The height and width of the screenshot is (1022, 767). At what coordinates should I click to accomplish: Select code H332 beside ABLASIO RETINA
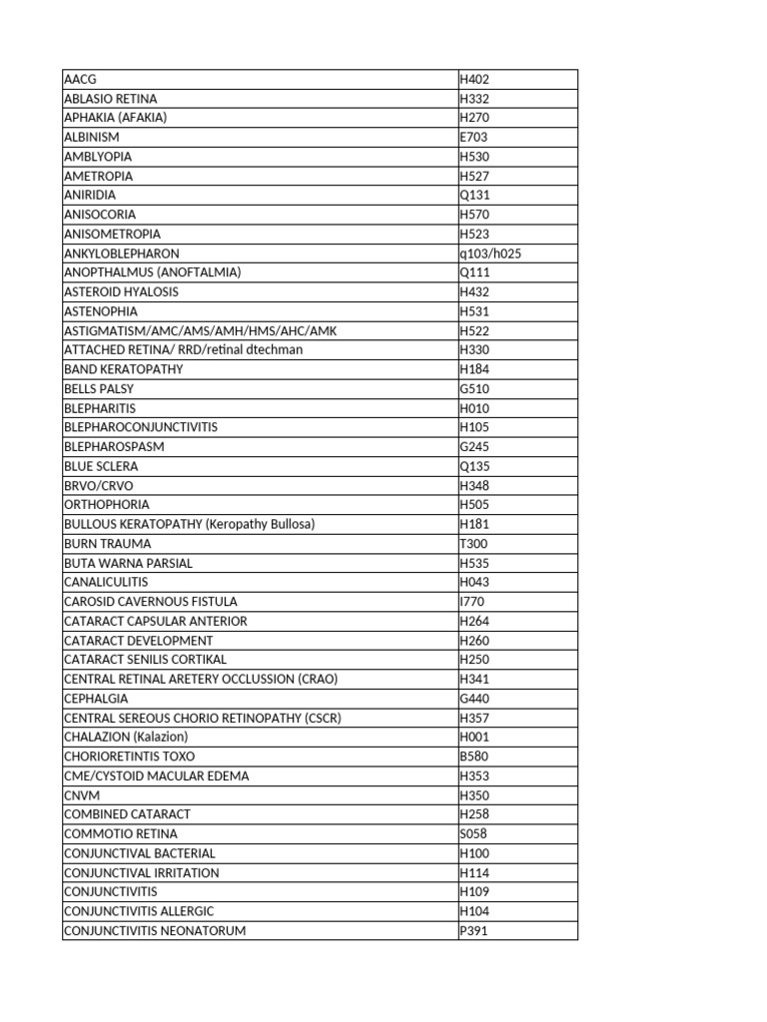[474, 99]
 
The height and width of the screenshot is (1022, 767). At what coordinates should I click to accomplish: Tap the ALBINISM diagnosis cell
[91, 137]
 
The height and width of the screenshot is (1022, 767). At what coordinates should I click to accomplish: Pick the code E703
[473, 137]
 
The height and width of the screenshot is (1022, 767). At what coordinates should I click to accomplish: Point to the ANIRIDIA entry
[90, 195]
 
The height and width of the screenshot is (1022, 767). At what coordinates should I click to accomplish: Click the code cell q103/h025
[490, 254]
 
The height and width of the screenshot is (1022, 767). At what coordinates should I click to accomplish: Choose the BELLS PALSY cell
[99, 389]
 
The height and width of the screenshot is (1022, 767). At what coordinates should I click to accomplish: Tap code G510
[474, 389]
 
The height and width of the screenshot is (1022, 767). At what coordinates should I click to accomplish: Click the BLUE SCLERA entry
[101, 466]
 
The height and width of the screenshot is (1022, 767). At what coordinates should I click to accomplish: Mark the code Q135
[474, 466]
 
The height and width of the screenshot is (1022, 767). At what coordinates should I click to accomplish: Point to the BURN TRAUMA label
[108, 544]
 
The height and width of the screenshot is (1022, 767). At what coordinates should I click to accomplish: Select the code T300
[473, 544]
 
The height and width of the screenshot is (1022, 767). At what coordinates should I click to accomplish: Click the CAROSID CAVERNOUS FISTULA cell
[151, 602]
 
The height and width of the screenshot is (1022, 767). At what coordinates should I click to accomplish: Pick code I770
[472, 602]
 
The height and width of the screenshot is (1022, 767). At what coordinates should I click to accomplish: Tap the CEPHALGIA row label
[95, 699]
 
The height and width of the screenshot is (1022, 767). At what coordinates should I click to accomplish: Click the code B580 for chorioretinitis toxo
[473, 757]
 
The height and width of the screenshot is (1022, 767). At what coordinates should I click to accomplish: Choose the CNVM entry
[81, 795]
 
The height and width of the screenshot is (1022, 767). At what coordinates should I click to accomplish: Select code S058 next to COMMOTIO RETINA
[473, 833]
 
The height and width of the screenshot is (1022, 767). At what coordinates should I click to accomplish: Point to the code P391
[473, 931]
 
